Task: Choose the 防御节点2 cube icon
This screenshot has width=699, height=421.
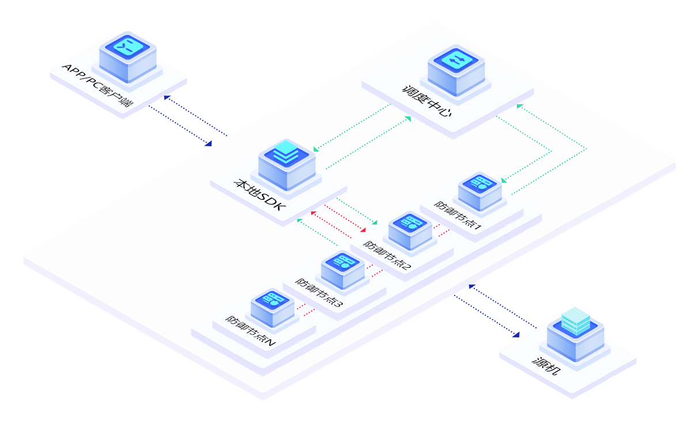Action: pos(409,229)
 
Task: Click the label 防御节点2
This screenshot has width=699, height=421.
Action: pos(387,255)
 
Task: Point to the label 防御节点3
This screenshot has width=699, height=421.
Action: pos(319,293)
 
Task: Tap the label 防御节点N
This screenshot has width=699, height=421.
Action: pos(250,329)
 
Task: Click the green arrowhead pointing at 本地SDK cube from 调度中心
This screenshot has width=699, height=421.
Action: pos(315,150)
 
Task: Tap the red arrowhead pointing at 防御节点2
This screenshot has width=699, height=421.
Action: pos(363,230)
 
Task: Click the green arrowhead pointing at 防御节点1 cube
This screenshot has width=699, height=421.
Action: pos(504,180)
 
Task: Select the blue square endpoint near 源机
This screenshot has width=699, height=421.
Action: pos(516,333)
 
